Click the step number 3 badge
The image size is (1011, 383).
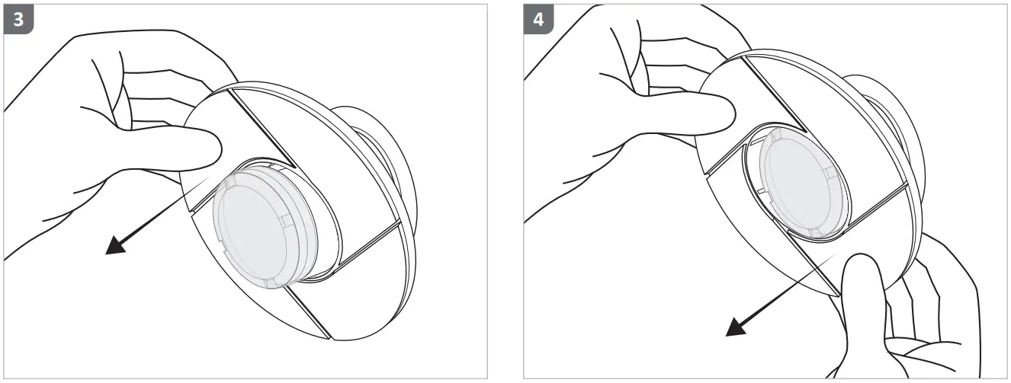[19, 20]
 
